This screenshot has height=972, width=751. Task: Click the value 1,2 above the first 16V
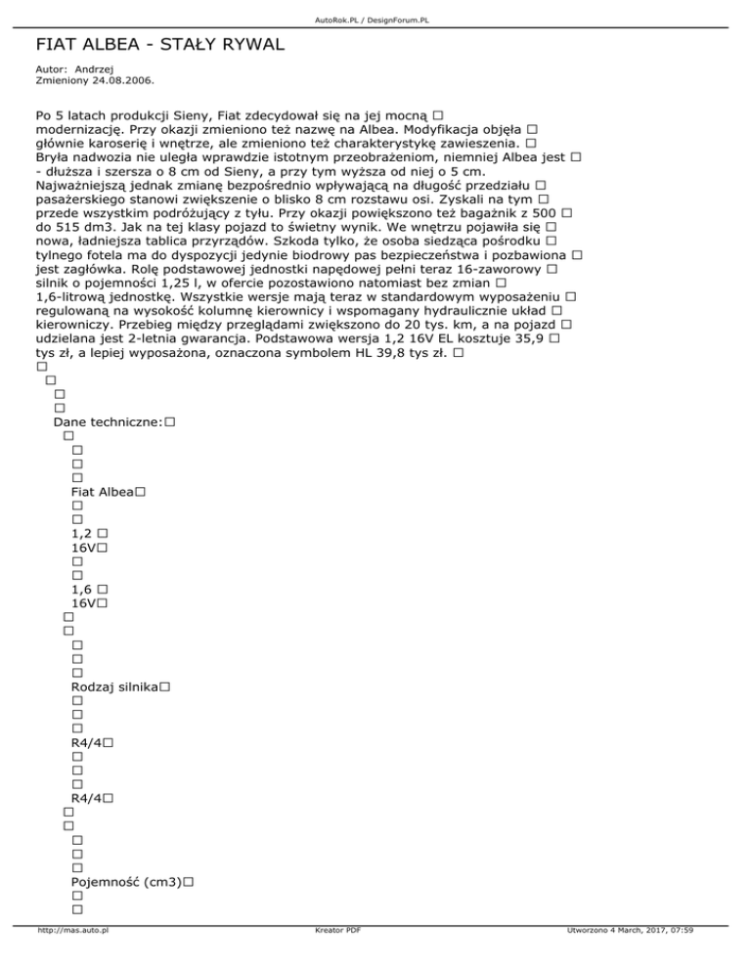pos(82,533)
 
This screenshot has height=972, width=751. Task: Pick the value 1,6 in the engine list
pos(82,590)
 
